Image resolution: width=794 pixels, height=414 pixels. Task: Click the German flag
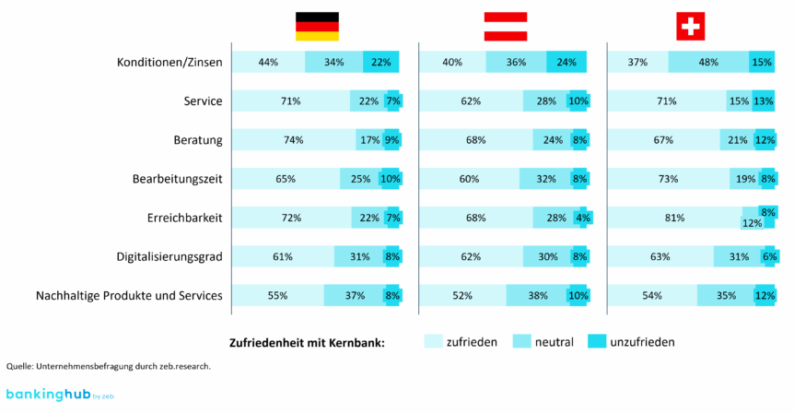click(317, 26)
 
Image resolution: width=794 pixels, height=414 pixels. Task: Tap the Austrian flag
click(506, 26)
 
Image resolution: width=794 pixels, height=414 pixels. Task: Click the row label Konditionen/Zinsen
click(169, 63)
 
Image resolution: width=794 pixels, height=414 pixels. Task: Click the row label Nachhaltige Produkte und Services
click(129, 296)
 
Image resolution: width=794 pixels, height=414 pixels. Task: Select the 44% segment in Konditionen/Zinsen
click(268, 63)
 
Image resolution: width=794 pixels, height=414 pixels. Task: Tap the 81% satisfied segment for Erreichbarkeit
click(674, 219)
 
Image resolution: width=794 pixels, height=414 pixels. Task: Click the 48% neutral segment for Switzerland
click(708, 63)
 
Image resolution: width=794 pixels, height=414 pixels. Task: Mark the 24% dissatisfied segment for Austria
click(566, 63)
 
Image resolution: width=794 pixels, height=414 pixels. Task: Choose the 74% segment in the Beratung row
click(294, 140)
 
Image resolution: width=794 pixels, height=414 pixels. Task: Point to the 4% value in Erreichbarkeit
click(582, 219)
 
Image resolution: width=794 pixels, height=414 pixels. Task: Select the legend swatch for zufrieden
click(432, 341)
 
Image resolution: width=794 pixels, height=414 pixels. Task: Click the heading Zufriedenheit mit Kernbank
click(307, 342)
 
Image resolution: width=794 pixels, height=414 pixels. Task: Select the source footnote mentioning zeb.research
click(109, 366)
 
